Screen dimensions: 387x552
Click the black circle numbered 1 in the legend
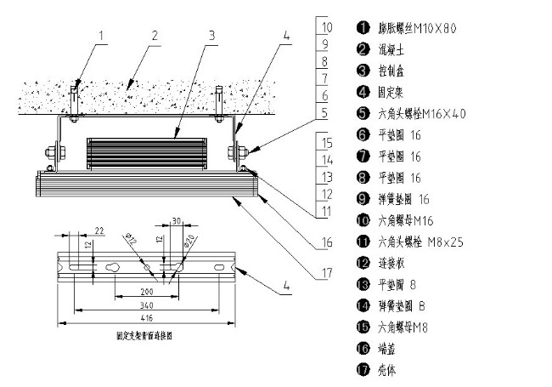pos(362,27)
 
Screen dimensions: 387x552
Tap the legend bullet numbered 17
pos(362,370)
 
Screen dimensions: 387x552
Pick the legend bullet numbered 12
pos(362,263)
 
